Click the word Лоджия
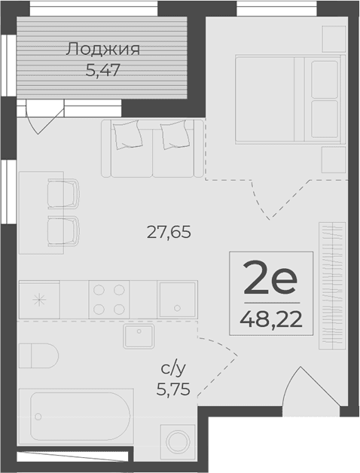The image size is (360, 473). [104, 50]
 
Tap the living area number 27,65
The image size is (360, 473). [169, 232]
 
